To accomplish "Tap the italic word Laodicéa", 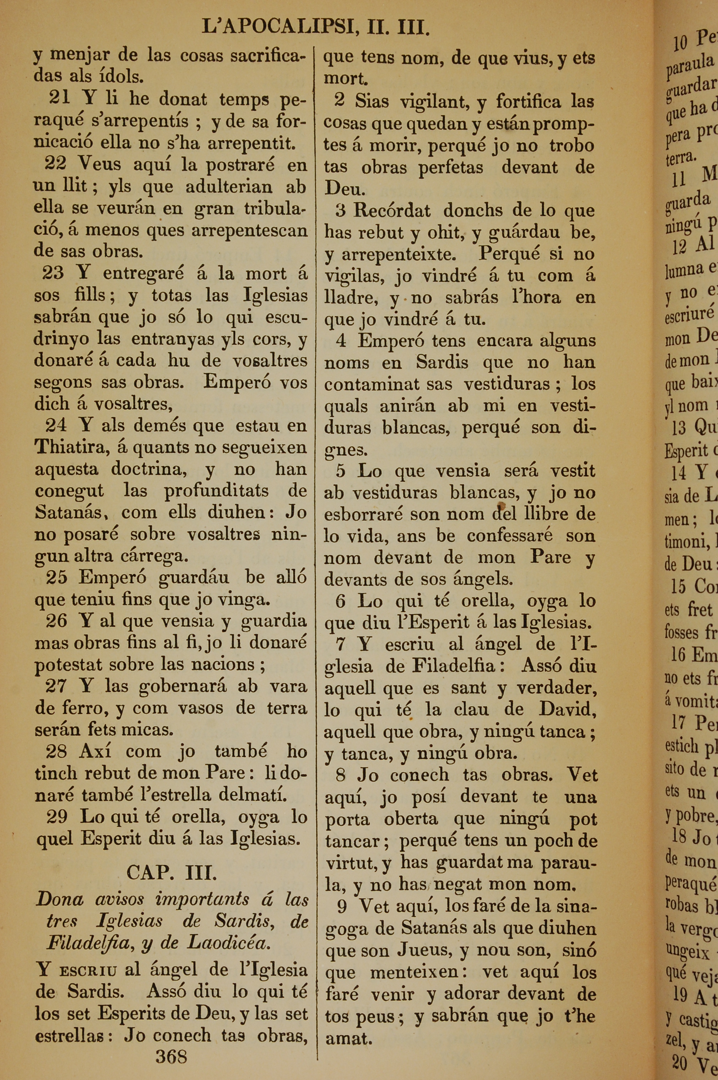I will [x=229, y=943].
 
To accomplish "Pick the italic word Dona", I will [x=60, y=900].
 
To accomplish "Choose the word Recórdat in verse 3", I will [x=392, y=211].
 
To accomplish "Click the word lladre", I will [x=350, y=298].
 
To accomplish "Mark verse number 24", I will [x=56, y=425].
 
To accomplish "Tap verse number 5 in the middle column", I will [x=341, y=471].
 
